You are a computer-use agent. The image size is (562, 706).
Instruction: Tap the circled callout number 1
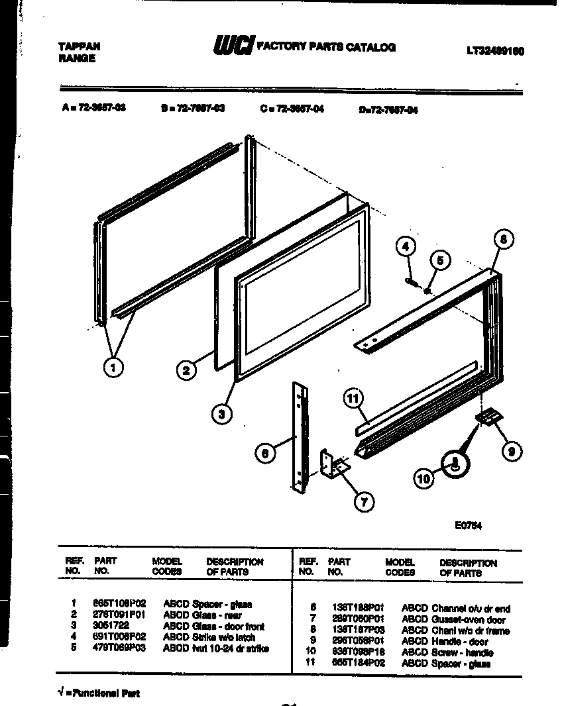pyautogui.click(x=113, y=368)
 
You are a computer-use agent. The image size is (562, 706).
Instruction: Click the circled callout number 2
pyautogui.click(x=187, y=370)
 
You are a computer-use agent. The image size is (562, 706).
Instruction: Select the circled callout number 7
pyautogui.click(x=363, y=503)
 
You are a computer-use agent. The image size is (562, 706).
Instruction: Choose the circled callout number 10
pyautogui.click(x=424, y=477)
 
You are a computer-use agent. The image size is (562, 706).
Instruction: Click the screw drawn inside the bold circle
pyautogui.click(x=455, y=464)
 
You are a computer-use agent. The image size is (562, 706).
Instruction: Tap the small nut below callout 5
pyautogui.click(x=429, y=289)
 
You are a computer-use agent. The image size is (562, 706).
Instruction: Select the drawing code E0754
pyautogui.click(x=467, y=527)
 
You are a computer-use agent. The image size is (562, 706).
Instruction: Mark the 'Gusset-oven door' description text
pyautogui.click(x=469, y=620)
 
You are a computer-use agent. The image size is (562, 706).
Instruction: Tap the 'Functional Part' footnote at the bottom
pyautogui.click(x=99, y=693)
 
